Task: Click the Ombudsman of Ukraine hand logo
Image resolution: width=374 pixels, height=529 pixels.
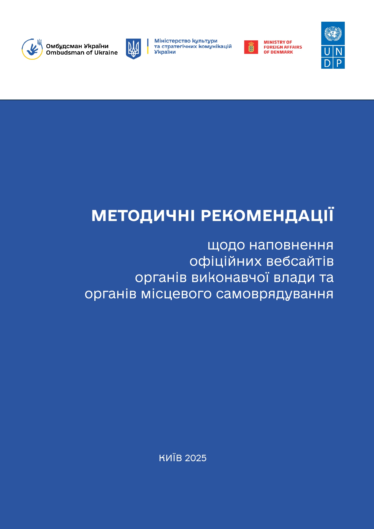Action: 32,49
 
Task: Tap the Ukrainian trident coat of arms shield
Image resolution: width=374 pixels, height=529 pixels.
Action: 133,49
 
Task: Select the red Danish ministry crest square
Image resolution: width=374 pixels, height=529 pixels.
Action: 251,47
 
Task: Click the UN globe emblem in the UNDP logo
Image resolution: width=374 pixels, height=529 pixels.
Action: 333,33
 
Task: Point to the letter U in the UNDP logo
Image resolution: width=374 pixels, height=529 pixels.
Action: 327,52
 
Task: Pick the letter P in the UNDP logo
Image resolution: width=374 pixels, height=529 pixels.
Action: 339,63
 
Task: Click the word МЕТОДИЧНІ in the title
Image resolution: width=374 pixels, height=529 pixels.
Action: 143,216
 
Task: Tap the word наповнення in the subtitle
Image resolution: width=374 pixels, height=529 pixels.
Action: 291,245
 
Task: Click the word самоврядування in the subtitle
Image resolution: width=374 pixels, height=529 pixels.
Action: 275,294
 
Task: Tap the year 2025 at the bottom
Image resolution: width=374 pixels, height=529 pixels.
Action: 196,458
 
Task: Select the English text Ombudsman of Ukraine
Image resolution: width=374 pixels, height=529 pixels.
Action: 82,52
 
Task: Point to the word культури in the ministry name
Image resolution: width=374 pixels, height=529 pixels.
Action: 205,41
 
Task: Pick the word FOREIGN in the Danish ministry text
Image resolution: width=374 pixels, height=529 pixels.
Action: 272,47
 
